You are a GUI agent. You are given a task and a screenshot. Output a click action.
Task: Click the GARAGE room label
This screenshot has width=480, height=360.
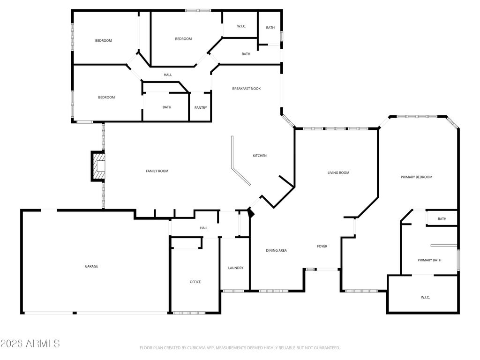pos(91,266)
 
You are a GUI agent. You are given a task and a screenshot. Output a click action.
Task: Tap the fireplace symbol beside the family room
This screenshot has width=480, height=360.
pos(98,166)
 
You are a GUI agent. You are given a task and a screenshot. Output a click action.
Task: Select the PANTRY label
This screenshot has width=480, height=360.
pos(201,108)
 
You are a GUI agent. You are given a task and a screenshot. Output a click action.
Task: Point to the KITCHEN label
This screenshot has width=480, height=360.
pos(260,156)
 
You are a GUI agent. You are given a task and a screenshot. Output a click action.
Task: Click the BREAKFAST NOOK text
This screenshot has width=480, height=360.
pos(247,89)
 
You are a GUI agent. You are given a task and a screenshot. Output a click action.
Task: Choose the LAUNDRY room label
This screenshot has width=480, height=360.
pos(236,268)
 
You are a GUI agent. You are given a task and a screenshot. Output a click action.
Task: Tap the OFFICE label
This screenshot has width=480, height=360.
pos(195,282)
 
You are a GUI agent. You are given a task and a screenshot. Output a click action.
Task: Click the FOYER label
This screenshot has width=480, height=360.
pos(322,246)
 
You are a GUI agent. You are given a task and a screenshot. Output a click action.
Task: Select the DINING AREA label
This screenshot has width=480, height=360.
pos(277,250)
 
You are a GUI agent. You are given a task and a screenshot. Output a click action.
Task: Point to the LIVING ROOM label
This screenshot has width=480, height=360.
pos(338,172)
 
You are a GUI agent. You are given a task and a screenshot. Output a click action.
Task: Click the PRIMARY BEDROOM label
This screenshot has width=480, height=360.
pos(417,177)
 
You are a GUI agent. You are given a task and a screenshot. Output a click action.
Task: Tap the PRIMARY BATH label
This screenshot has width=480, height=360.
pos(430,260)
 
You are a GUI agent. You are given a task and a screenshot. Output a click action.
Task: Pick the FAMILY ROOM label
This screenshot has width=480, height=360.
pos(157,171)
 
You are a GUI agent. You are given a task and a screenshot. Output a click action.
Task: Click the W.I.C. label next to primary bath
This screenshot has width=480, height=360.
pos(426,298)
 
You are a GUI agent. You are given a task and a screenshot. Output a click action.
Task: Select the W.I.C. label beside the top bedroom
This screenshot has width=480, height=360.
pos(241,26)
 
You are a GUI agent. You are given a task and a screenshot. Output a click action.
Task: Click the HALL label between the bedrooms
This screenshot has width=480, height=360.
pos(168,75)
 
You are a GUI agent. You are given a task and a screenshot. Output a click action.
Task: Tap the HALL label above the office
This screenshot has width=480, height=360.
pos(204,228)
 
